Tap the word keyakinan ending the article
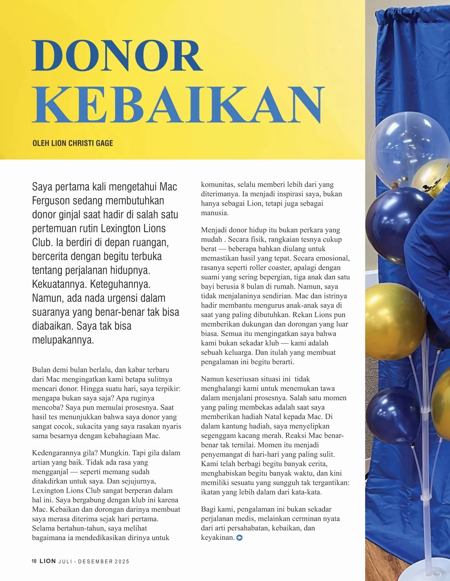pos(217,538)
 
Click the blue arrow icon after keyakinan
pos(240,538)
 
